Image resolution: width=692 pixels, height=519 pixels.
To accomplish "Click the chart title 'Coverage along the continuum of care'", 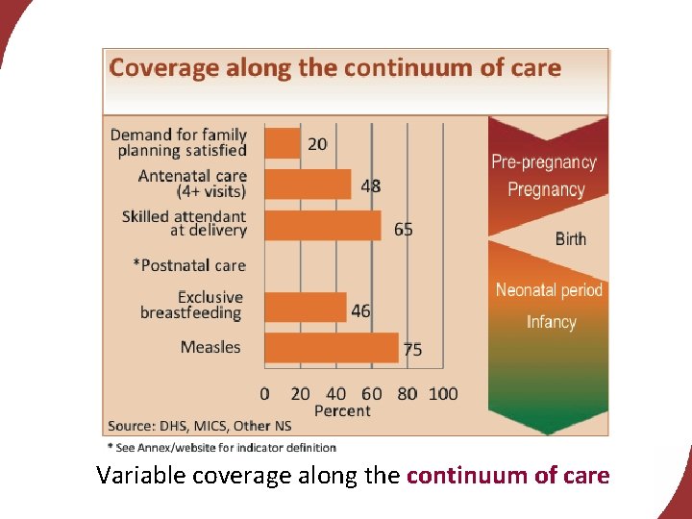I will click(335, 68).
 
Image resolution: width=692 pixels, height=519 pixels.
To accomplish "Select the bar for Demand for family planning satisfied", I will click(282, 143).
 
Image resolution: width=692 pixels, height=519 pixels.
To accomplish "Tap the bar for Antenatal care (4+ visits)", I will click(308, 184).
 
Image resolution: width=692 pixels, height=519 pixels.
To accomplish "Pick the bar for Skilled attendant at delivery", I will click(322, 225).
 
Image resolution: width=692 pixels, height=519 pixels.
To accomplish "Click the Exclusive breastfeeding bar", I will click(305, 307).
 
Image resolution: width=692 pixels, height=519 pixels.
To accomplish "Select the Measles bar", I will click(331, 347).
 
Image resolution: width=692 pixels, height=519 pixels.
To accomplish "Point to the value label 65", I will click(403, 229).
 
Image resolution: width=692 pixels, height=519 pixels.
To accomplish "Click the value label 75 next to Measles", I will click(411, 350).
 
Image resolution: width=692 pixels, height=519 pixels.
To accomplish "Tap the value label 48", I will click(371, 185).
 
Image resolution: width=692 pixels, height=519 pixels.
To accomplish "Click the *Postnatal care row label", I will click(189, 265).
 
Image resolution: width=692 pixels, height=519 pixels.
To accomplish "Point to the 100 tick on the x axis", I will click(443, 393).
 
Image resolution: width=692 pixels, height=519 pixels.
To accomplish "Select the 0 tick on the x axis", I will click(265, 393).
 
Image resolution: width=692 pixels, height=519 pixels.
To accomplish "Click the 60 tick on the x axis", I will click(372, 393).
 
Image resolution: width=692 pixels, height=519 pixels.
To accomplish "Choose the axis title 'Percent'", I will click(342, 410).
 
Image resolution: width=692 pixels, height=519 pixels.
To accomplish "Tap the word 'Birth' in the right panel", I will click(570, 238).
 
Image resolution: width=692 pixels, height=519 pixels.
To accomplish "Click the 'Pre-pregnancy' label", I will click(544, 162).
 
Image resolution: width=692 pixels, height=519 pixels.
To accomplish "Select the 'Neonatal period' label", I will click(549, 289).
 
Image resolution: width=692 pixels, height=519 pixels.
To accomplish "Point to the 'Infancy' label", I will click(551, 322).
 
